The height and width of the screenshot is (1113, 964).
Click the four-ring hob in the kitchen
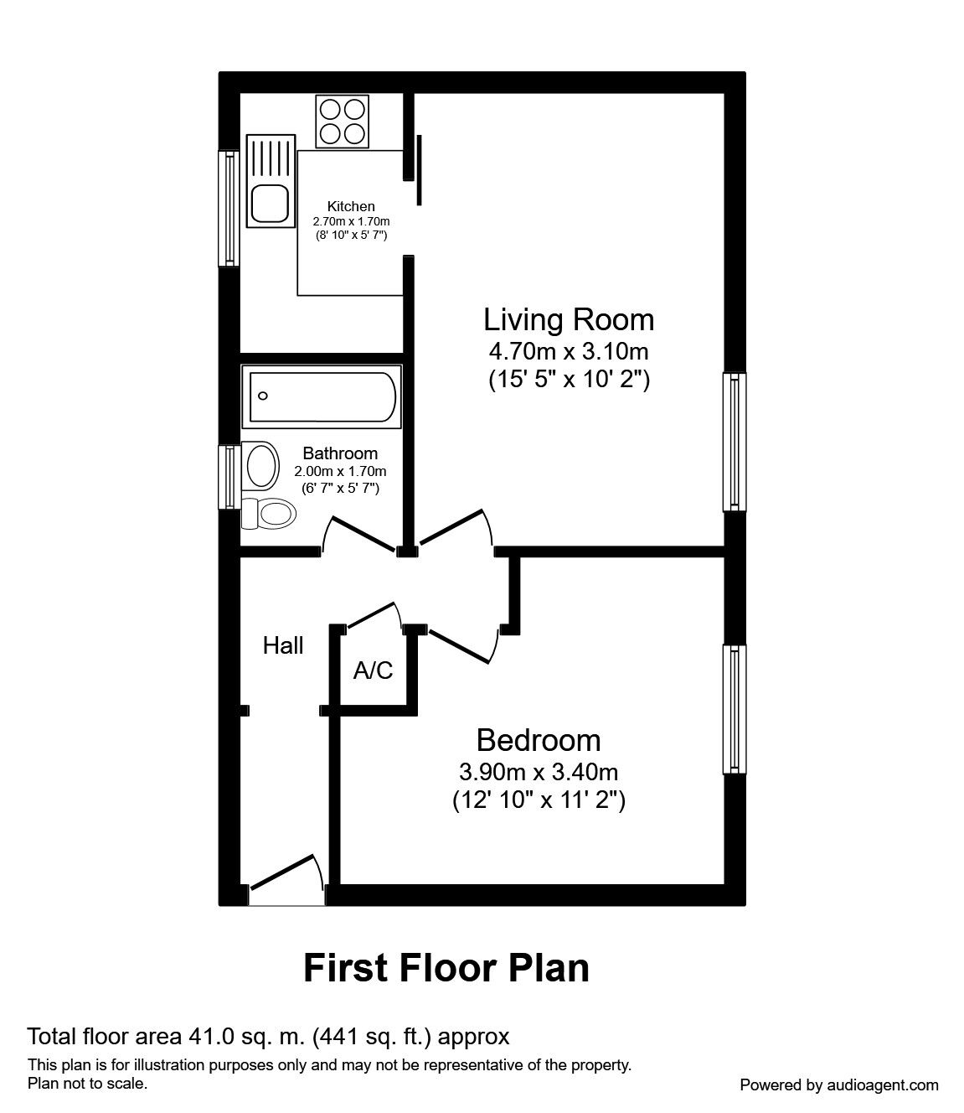[x=343, y=122]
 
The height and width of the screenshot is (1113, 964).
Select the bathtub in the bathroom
[x=322, y=397]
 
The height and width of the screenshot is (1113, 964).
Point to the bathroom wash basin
[x=260, y=466]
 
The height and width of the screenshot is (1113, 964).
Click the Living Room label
[x=569, y=320]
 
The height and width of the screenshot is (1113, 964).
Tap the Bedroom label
[x=539, y=740]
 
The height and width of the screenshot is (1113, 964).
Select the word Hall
[x=282, y=645]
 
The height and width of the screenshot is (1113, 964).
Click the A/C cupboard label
[x=373, y=670]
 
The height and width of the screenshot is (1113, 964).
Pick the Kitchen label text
[x=351, y=206]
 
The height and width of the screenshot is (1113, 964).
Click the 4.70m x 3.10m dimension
[x=569, y=352]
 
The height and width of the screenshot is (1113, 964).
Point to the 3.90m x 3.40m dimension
[x=539, y=772]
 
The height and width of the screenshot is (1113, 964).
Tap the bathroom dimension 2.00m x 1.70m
[x=340, y=472]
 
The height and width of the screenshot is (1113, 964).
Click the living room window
[x=735, y=442]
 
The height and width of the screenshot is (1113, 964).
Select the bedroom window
[x=735, y=710]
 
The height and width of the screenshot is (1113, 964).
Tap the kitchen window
[x=229, y=208]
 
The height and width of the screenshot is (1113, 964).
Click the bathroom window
[x=229, y=477]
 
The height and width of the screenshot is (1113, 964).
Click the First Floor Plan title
[x=446, y=969]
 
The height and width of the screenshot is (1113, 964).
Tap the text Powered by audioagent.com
[x=839, y=1085]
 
